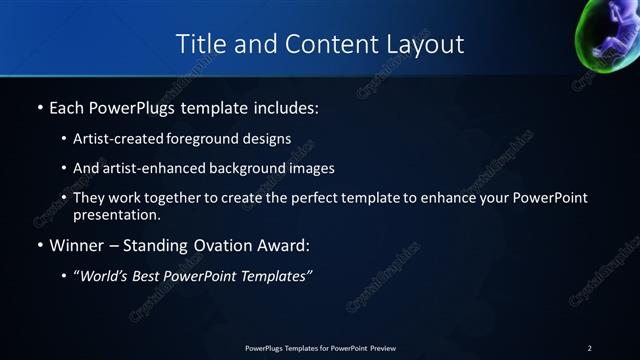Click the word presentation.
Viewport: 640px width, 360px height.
pyautogui.click(x=117, y=215)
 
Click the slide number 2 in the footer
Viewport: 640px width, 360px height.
pyautogui.click(x=590, y=348)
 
